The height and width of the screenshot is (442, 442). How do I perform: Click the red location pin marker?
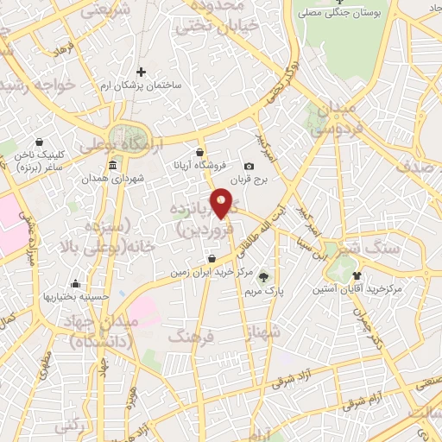coord(222,202)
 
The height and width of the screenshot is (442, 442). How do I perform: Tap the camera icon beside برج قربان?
coord(249,166)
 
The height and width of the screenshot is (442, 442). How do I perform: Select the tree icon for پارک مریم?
coord(263,278)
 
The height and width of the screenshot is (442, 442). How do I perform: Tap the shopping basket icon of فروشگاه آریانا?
coord(200,151)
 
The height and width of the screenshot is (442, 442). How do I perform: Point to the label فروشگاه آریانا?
coord(201,164)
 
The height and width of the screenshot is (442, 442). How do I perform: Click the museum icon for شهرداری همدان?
coord(113,166)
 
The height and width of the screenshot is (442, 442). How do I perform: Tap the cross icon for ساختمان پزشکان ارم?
coord(142,72)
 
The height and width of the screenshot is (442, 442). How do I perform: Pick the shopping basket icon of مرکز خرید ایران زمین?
coord(212,258)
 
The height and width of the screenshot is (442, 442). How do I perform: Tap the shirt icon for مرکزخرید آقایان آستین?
coord(357,275)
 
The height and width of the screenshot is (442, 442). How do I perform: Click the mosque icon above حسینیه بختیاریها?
coord(76,283)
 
